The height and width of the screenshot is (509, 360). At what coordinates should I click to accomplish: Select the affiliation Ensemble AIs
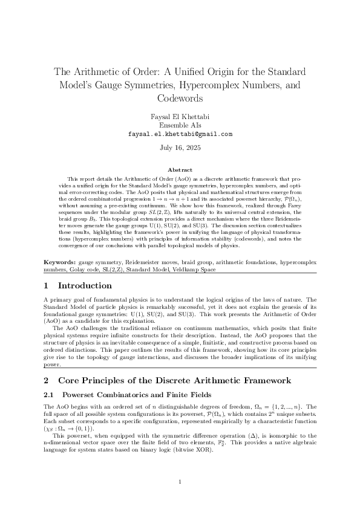[180, 125]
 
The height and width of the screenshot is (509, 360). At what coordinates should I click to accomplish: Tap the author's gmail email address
[180, 134]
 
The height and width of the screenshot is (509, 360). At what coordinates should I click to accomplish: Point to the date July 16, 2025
[180, 147]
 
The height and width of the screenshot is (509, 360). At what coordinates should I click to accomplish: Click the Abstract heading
[180, 170]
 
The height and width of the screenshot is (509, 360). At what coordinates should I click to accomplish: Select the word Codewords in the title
[180, 98]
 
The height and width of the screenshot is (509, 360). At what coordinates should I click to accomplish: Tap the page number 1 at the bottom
[180, 482]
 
